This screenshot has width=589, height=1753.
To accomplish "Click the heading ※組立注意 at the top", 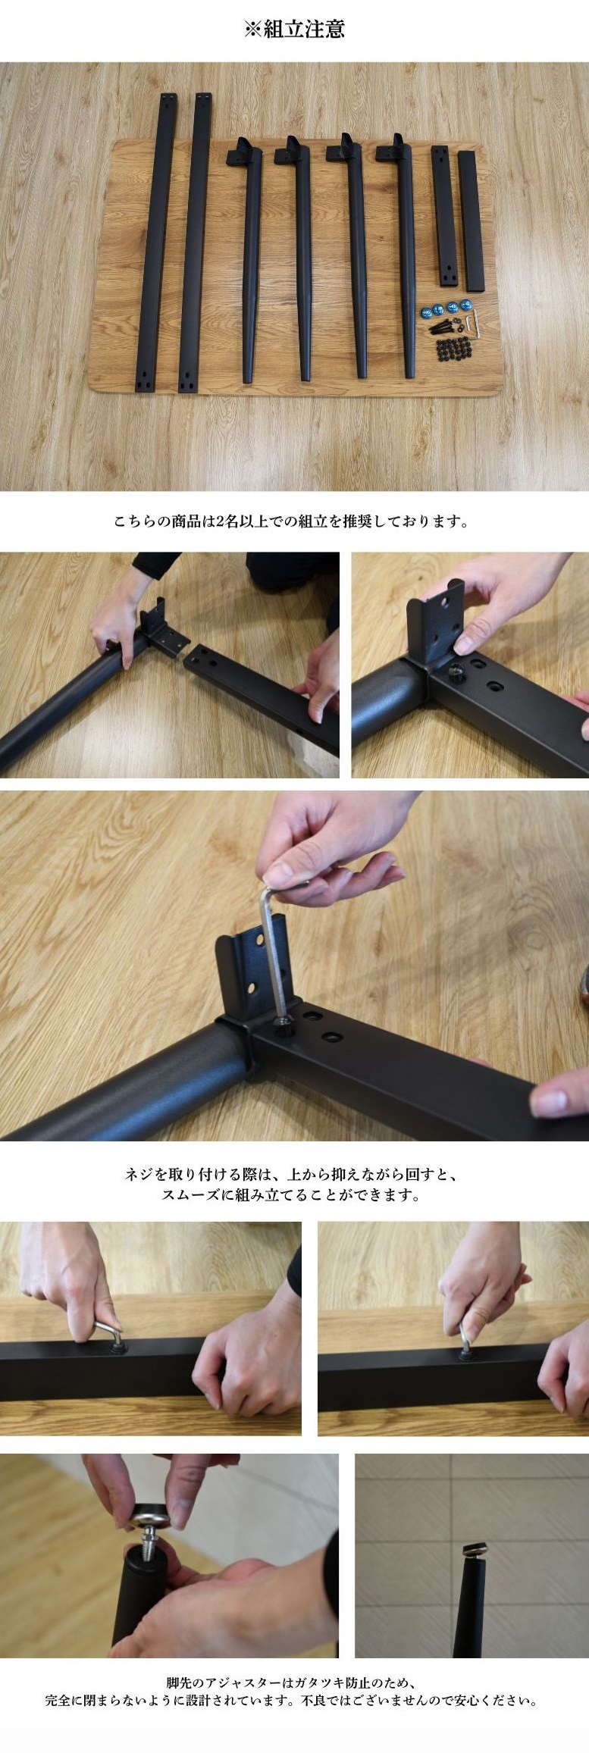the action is [x=294, y=29].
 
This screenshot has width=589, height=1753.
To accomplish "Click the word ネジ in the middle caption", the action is [x=140, y=1175].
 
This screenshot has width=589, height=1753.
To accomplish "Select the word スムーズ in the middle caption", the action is [x=193, y=1195].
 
